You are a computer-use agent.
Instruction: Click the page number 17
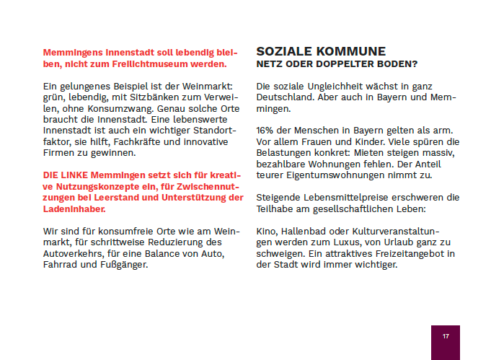pyautogui.click(x=446, y=336)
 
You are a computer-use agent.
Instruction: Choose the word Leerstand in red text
pyautogui.click(x=125, y=198)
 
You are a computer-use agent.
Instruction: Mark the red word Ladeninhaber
pyautogui.click(x=74, y=208)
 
